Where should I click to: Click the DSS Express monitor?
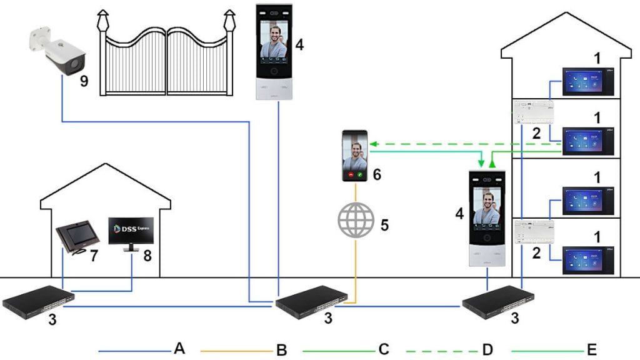(x=131, y=232)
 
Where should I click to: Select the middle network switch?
(x=308, y=300)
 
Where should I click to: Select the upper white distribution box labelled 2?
(x=534, y=111)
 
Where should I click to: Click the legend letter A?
(x=180, y=349)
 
